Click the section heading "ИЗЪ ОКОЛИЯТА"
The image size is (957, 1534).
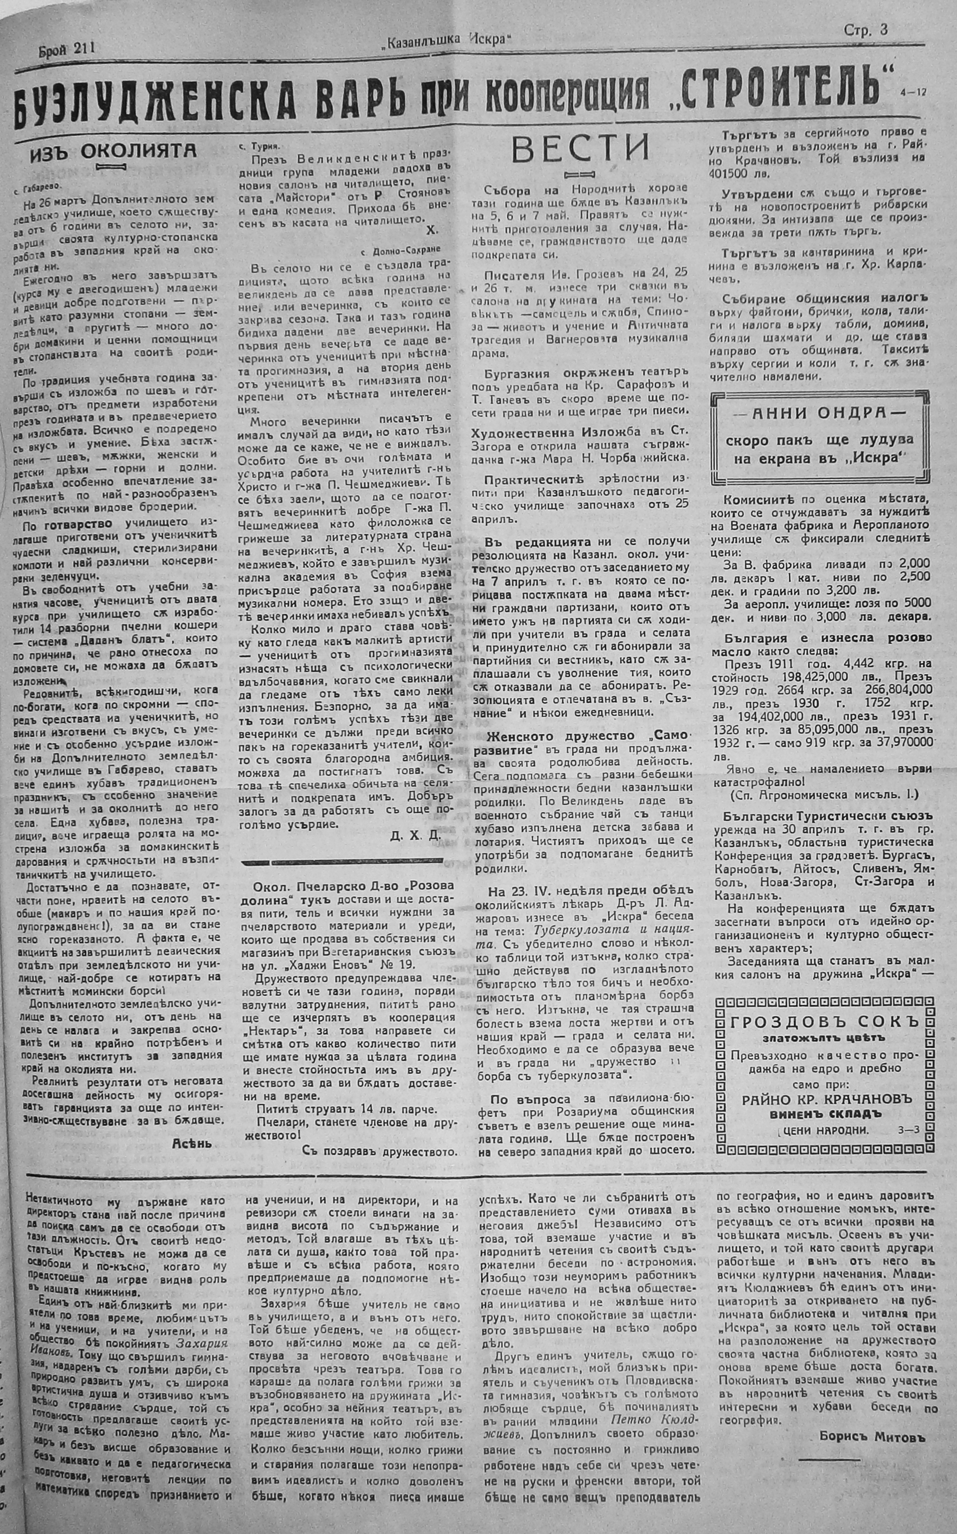click(114, 152)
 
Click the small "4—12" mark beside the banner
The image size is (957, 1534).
click(912, 92)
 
